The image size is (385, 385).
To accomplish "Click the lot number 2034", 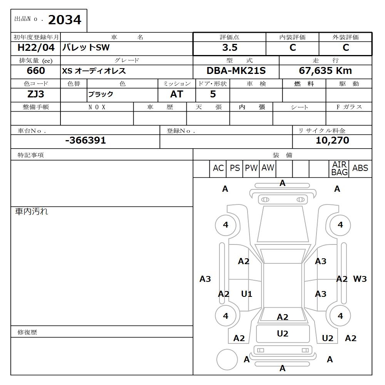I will pyautogui.click(x=65, y=20).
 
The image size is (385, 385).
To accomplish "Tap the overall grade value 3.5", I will pyautogui.click(x=229, y=48).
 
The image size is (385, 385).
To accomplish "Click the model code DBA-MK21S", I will pyautogui.click(x=236, y=71).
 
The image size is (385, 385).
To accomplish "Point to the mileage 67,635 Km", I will pyautogui.click(x=325, y=71).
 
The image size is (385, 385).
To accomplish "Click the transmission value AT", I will pyautogui.click(x=176, y=94).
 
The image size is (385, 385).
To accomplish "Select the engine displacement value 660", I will pyautogui.click(x=36, y=71).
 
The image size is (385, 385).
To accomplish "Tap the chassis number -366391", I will pyautogui.click(x=85, y=141).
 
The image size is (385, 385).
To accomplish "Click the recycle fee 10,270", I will pyautogui.click(x=332, y=141).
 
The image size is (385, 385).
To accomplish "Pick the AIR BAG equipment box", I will pyautogui.click(x=339, y=169).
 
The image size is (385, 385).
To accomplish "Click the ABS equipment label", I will pyautogui.click(x=360, y=168).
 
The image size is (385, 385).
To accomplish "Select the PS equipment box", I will pyautogui.click(x=234, y=168).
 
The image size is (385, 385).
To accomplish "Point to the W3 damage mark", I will pyautogui.click(x=360, y=279).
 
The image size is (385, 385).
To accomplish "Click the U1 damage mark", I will pyautogui.click(x=246, y=294).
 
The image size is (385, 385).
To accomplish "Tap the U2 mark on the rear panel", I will pyautogui.click(x=283, y=334).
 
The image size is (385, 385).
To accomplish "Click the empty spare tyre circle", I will pyautogui.click(x=227, y=360).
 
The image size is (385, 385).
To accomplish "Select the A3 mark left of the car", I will pyautogui.click(x=205, y=279).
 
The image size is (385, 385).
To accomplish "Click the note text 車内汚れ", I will pyautogui.click(x=32, y=211).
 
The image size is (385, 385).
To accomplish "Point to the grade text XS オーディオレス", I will pyautogui.click(x=94, y=71).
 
